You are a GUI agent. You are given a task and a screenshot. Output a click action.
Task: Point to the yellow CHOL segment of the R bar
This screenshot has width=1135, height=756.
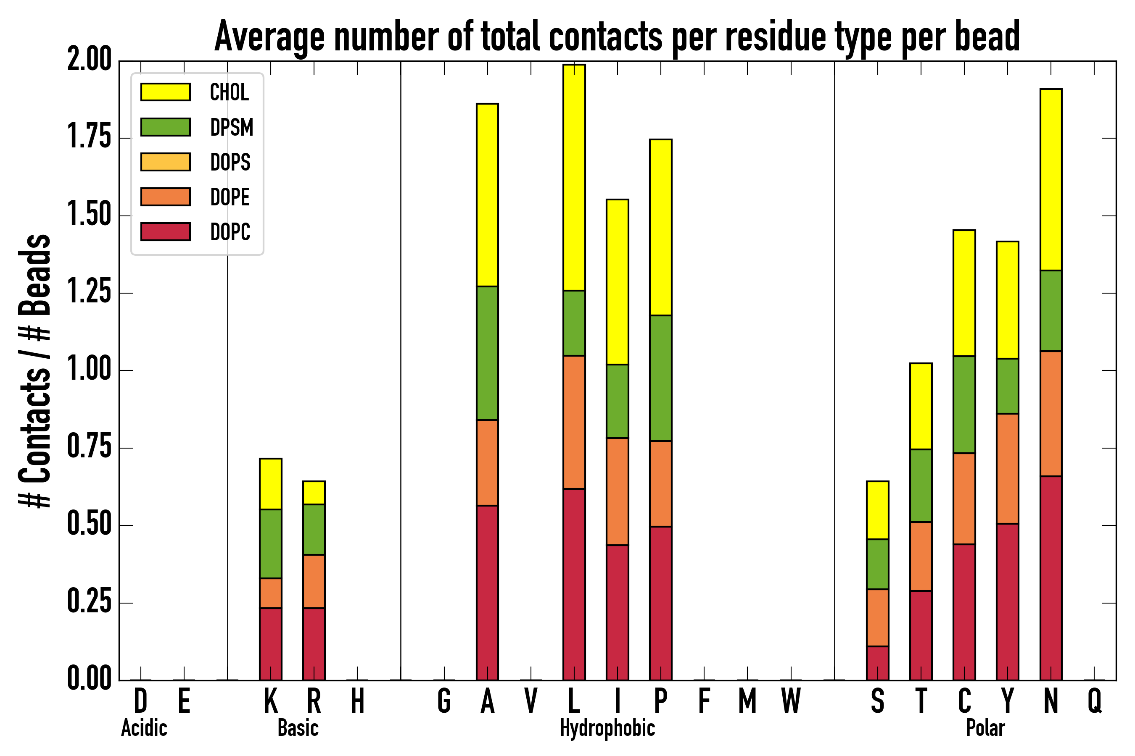coord(314,493)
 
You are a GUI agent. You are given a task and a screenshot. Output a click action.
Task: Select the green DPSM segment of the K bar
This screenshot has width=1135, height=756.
coord(270,543)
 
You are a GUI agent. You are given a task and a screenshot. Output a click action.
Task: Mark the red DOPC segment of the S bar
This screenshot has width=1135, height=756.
coord(877,663)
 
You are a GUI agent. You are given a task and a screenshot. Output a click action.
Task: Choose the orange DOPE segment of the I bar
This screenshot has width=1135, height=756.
coord(617,492)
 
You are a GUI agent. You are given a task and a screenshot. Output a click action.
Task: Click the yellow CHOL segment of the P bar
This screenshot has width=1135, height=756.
coord(661,227)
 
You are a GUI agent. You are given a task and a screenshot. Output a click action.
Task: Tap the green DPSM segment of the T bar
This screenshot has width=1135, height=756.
coord(921,486)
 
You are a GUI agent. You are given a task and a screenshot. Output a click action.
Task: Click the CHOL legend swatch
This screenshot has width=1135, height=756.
coord(166,92)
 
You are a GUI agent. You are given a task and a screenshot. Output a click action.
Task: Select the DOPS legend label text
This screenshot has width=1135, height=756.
coord(230,162)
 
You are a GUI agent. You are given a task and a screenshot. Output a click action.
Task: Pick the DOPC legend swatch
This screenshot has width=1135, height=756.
coord(166,231)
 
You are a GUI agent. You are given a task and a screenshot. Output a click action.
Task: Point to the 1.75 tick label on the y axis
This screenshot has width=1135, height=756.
coord(89,138)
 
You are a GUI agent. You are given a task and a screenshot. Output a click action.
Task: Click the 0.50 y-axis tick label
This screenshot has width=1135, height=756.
coord(89,525)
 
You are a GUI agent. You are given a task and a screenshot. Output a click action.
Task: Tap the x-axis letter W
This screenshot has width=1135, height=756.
coord(791,701)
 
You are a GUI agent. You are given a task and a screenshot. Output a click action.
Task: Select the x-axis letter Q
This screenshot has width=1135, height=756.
coord(1095,701)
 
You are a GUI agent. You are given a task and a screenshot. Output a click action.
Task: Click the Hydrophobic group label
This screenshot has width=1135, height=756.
coord(607,728)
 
